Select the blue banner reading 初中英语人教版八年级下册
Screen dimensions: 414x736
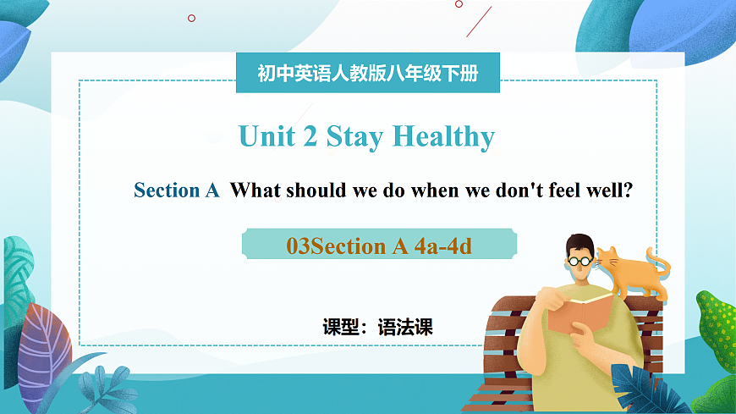(x=368, y=74)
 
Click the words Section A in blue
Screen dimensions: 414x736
(x=177, y=190)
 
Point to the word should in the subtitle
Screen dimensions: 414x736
(x=316, y=190)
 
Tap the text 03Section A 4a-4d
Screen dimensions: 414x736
(x=378, y=246)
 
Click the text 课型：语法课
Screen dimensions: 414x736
(x=378, y=327)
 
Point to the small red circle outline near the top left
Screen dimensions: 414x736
(x=191, y=18)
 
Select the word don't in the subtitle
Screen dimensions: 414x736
(x=490, y=190)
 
